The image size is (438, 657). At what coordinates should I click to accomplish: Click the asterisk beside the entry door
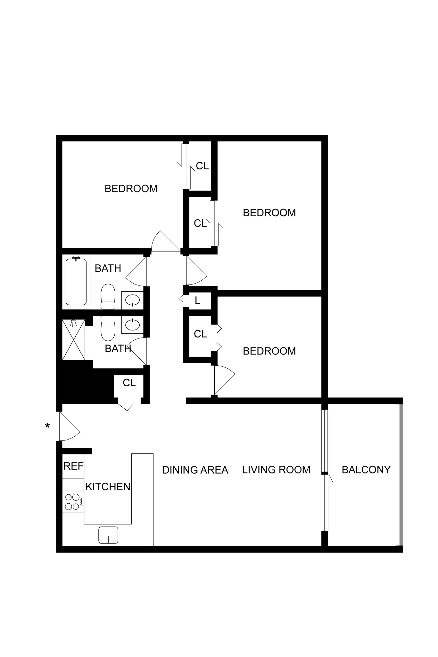pos(47,426)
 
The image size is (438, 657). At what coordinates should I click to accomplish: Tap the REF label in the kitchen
pos(73,466)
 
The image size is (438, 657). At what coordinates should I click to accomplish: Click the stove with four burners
pos(72,502)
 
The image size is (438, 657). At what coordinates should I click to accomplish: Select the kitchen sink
pos(108,535)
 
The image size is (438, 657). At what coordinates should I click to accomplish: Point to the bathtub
pos(76,282)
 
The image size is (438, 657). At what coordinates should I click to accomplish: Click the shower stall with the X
pos(74,340)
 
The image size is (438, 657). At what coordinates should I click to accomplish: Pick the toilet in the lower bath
pos(108,328)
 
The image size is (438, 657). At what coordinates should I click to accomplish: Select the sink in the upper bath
pos(132,301)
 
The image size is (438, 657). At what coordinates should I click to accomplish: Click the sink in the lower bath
pos(132,325)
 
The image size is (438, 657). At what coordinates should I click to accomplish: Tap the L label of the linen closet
pos(197,301)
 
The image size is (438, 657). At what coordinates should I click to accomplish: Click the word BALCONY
pos(366,470)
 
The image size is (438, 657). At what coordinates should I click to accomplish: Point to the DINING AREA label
pos(195,470)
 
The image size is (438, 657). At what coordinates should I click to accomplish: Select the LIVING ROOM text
pos(276,470)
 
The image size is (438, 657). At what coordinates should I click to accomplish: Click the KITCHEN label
pos(108,487)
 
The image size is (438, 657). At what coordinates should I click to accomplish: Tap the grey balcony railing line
pos(401,475)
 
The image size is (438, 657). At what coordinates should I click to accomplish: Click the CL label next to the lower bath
pos(129,383)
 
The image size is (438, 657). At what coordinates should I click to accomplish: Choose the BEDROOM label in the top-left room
pos(131,189)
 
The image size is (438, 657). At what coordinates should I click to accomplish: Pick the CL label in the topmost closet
pos(202,166)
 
